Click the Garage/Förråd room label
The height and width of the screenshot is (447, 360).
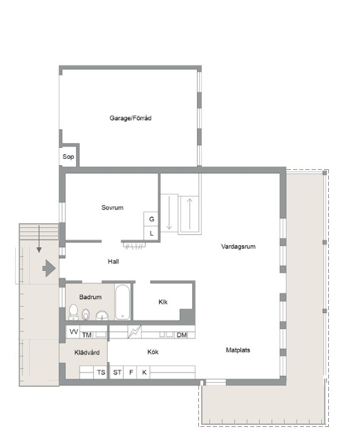[x=131, y=118]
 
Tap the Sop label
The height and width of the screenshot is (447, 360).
[x=68, y=157]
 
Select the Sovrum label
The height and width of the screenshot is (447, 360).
[x=113, y=207]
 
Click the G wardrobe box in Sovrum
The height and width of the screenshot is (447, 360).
[x=151, y=219]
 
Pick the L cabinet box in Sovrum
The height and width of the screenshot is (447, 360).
[x=151, y=233]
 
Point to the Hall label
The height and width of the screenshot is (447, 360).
[x=113, y=261]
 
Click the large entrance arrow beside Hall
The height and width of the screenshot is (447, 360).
[x=49, y=268]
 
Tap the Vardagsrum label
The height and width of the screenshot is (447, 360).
[x=238, y=247]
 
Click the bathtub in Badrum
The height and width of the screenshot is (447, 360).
[x=123, y=302]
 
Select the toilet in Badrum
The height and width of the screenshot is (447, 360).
[x=73, y=312]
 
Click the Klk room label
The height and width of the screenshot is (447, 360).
[x=163, y=302]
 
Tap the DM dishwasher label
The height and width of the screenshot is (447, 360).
[x=182, y=335]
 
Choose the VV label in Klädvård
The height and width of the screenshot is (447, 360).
[x=74, y=332]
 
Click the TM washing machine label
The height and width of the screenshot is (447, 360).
[x=86, y=335]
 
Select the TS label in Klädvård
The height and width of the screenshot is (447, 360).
[x=101, y=372]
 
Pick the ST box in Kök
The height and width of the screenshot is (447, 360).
[x=117, y=372]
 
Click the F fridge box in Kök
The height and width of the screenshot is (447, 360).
[x=131, y=372]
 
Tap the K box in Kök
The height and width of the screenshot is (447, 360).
[x=144, y=372]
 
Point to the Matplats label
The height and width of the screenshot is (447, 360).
[x=238, y=350]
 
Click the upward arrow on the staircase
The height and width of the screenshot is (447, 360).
[x=189, y=213]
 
